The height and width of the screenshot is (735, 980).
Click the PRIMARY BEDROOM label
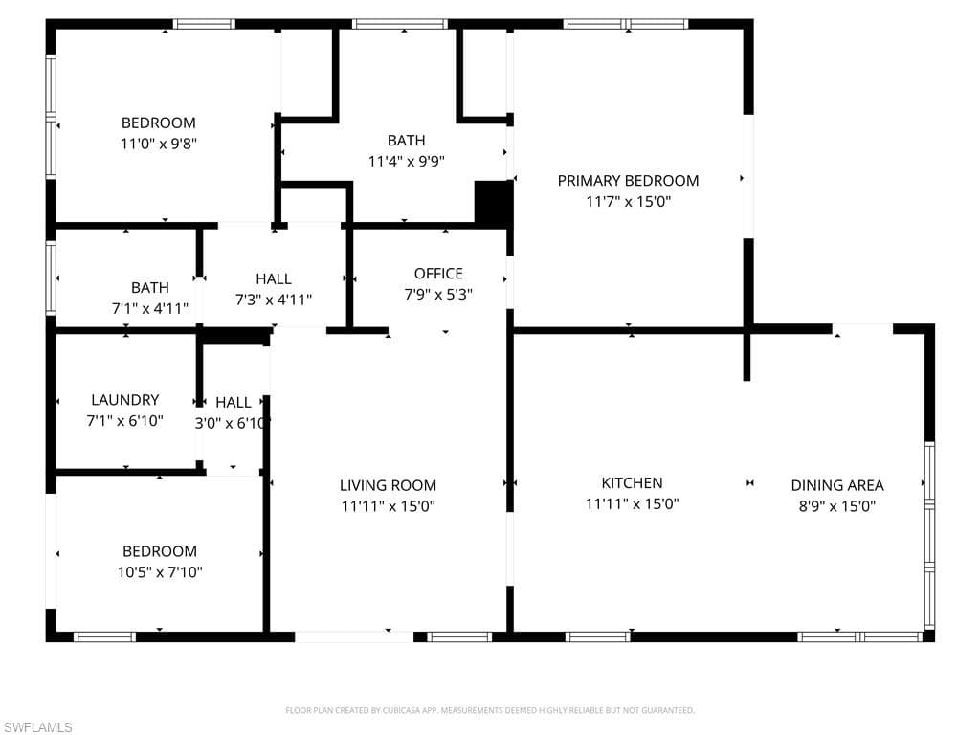click(x=628, y=180)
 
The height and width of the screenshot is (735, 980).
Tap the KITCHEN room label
click(x=632, y=483)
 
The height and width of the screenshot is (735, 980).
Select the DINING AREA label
click(x=836, y=485)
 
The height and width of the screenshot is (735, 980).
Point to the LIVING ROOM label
click(x=388, y=485)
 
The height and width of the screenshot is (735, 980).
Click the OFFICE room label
click(x=438, y=274)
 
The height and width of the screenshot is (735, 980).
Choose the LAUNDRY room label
click(x=124, y=400)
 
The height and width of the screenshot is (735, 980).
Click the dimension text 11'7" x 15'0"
click(x=628, y=201)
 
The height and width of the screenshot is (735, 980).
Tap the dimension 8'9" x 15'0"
click(x=836, y=506)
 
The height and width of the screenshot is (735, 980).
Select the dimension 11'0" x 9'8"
click(x=158, y=144)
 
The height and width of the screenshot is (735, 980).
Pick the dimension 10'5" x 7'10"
click(x=159, y=572)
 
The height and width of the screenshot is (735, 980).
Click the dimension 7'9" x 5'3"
click(x=438, y=295)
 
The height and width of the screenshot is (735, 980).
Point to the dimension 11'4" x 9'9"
click(x=406, y=162)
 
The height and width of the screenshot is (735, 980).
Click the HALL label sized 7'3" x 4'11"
click(x=274, y=278)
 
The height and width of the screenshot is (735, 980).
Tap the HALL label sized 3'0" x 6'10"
click(x=233, y=402)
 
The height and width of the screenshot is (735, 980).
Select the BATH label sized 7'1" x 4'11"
click(x=150, y=287)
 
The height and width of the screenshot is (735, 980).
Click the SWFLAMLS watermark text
click(x=37, y=727)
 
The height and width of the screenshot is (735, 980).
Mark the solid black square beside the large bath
click(x=493, y=202)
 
